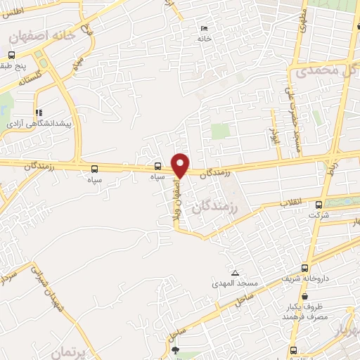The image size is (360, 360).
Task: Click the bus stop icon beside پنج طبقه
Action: pyautogui.click(x=12, y=56)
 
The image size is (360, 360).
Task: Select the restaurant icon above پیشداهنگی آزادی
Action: pyautogui.click(x=39, y=111)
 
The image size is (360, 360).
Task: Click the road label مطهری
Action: pyautogui.click(x=300, y=21)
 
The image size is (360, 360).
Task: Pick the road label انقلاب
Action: pyautogui.click(x=291, y=202)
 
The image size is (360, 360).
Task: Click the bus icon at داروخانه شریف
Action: pyautogui.click(x=304, y=268)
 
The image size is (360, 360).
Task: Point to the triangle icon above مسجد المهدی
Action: pyautogui.click(x=234, y=273)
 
